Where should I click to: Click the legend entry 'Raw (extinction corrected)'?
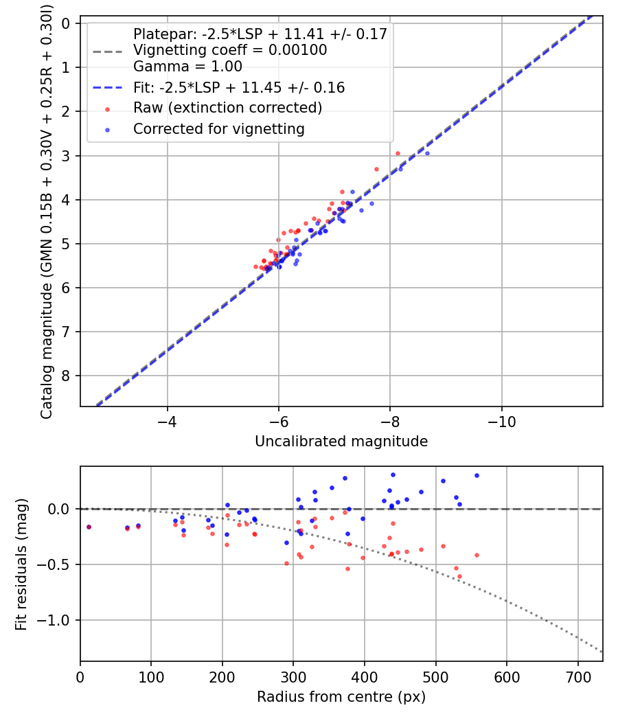227,108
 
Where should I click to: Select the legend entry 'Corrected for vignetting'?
219,128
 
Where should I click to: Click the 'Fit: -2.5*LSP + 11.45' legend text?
239,87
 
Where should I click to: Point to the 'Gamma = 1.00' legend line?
187,67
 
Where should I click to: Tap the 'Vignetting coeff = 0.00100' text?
230,50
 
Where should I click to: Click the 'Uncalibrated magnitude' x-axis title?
341,442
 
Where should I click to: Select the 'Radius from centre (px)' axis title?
341,697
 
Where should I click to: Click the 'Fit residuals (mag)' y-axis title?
21,564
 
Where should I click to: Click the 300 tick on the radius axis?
293,676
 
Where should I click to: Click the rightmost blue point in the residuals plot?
477,475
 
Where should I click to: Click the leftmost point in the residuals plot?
89,527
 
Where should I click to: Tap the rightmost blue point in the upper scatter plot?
427,153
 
